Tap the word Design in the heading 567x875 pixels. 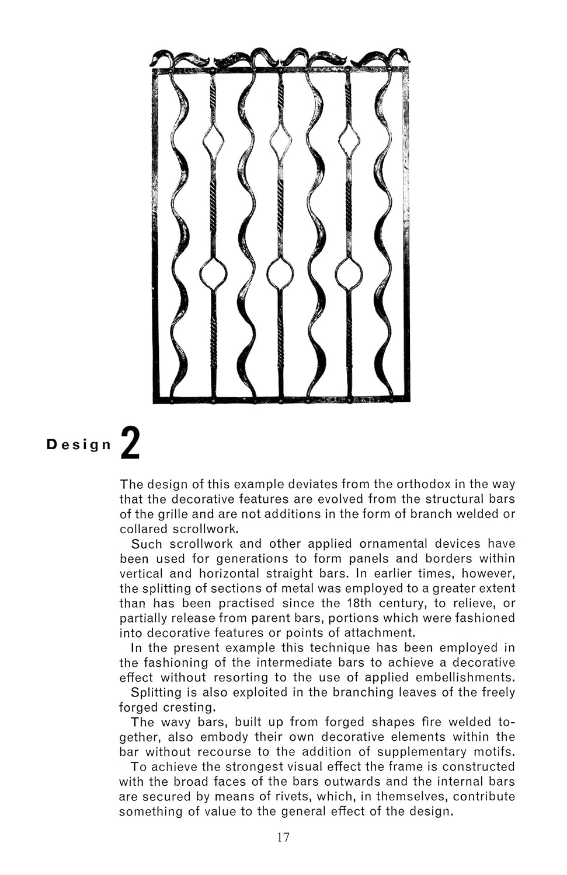[79, 444]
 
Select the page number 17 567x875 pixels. [283, 838]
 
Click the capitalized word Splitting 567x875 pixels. [156, 692]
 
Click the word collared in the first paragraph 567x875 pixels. [143, 529]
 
